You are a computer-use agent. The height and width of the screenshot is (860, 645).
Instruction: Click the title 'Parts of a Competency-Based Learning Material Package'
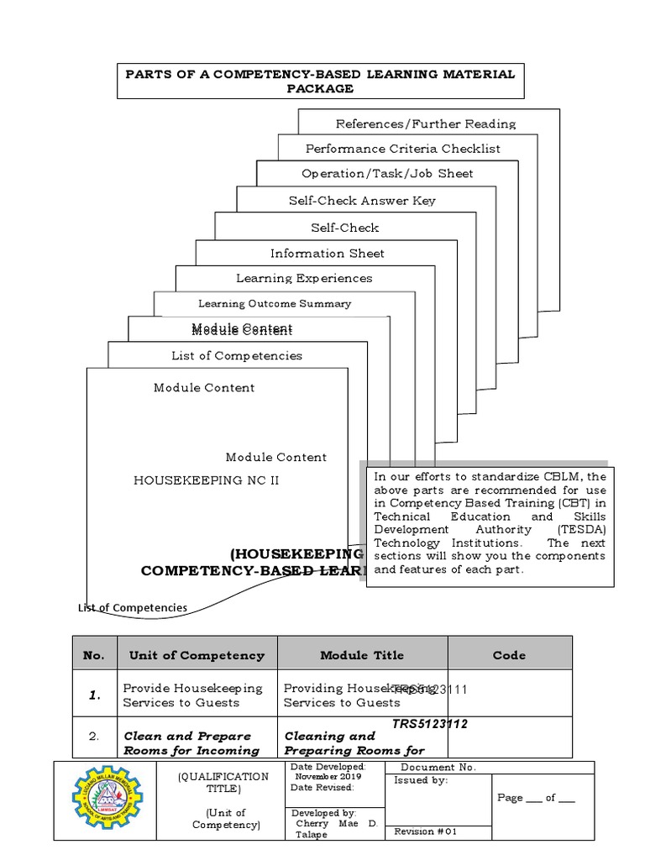(x=320, y=81)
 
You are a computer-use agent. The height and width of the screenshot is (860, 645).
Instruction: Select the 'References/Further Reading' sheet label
(x=426, y=124)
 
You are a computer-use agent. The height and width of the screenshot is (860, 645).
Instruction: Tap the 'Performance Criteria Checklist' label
(x=402, y=149)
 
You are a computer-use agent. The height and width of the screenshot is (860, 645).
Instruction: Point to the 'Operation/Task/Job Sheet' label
(x=387, y=174)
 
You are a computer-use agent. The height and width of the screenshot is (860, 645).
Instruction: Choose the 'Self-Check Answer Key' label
(x=362, y=201)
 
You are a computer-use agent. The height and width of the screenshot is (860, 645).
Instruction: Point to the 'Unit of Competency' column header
(x=197, y=655)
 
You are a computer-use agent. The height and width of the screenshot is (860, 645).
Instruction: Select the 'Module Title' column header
(x=362, y=655)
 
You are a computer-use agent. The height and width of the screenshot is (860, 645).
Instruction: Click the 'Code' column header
(x=509, y=655)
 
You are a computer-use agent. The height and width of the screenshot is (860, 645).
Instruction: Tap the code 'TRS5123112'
(x=431, y=724)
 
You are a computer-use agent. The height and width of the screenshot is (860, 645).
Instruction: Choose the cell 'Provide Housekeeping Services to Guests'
(x=193, y=695)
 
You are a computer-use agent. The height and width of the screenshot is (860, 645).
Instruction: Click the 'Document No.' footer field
(x=438, y=768)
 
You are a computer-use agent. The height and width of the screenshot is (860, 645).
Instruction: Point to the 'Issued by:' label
(x=421, y=781)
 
